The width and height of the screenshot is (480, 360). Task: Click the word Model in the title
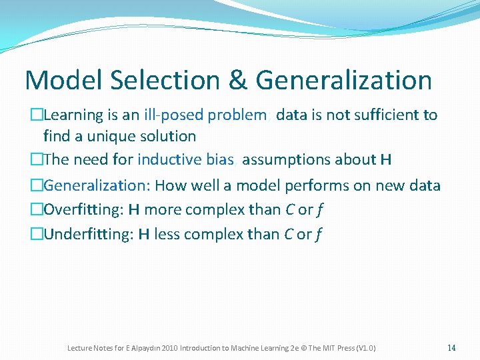pyautogui.click(x=65, y=81)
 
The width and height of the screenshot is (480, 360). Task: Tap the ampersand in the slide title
pyautogui.click(x=237, y=81)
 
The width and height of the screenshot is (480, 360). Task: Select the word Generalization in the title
pyautogui.click(x=343, y=81)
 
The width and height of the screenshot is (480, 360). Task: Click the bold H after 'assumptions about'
pyautogui.click(x=385, y=160)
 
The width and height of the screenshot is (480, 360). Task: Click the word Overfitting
pyautogui.click(x=83, y=210)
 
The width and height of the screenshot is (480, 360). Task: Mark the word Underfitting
pyautogui.click(x=89, y=235)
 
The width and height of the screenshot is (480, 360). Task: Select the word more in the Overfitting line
pyautogui.click(x=163, y=210)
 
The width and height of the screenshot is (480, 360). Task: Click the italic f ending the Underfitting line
pyautogui.click(x=320, y=235)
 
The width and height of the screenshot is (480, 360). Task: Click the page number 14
pyautogui.click(x=451, y=347)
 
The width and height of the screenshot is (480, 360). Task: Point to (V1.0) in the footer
pyautogui.click(x=366, y=348)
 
